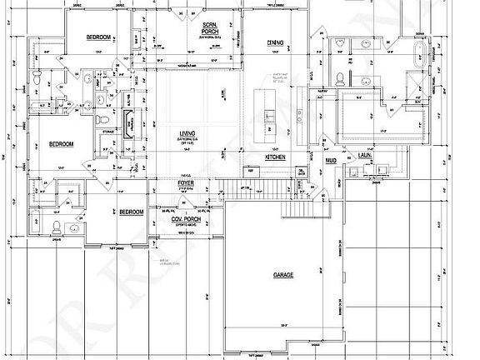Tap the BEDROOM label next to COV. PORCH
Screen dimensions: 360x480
click(x=131, y=212)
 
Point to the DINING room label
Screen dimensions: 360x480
click(x=276, y=42)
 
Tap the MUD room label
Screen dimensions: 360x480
click(x=330, y=157)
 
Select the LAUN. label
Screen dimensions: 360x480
click(x=365, y=156)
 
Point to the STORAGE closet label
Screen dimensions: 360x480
click(x=109, y=131)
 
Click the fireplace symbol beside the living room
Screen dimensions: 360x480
click(x=129, y=124)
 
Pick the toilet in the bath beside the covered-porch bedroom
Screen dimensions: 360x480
click(x=54, y=226)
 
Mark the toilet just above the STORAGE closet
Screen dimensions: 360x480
click(x=97, y=101)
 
